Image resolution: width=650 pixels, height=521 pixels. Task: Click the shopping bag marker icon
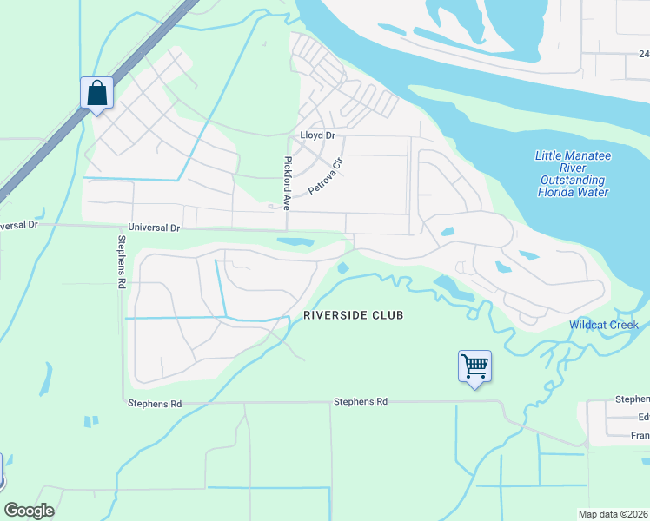pos(96,93)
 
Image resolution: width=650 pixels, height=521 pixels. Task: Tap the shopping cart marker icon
pos(474,366)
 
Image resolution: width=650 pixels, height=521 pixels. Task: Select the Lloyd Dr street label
pos(317,136)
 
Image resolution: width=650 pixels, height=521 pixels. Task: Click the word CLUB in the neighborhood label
pos(388,314)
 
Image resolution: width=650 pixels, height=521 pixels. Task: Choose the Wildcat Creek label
pos(603,326)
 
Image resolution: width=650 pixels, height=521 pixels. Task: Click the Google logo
pos(29,511)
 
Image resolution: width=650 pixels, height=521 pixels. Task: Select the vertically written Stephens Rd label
pos(121,257)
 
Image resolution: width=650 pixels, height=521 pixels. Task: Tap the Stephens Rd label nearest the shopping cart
pos(360,402)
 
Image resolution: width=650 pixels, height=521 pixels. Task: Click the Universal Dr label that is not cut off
pos(154,228)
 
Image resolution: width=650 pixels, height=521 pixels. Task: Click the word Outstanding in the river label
pos(571,180)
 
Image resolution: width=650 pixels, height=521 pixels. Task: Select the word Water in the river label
pos(593,192)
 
